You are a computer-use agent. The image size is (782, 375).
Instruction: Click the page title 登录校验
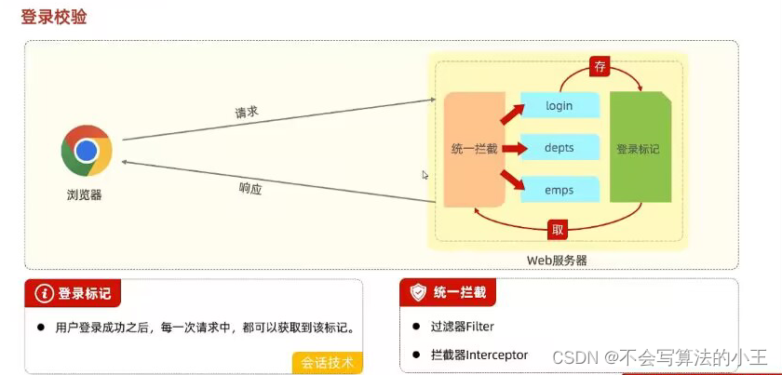54,16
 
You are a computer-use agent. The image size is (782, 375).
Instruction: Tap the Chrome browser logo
87,151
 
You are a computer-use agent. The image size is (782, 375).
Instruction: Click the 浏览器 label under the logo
84,195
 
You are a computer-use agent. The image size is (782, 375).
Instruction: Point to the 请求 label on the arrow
247,112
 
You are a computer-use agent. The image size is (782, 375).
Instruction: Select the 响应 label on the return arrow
250,188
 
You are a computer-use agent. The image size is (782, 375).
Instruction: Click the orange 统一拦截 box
474,149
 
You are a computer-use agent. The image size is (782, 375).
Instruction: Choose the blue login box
559,105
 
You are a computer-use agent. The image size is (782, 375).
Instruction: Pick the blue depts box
559,148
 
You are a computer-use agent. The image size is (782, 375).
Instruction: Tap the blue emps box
559,190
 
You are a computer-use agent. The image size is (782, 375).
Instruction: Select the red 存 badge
600,66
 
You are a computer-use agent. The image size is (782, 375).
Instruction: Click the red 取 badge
556,228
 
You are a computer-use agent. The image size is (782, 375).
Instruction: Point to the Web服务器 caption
558,261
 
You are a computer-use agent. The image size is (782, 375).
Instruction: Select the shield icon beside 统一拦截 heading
419,293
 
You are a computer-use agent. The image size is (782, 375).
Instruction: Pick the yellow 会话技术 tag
327,362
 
